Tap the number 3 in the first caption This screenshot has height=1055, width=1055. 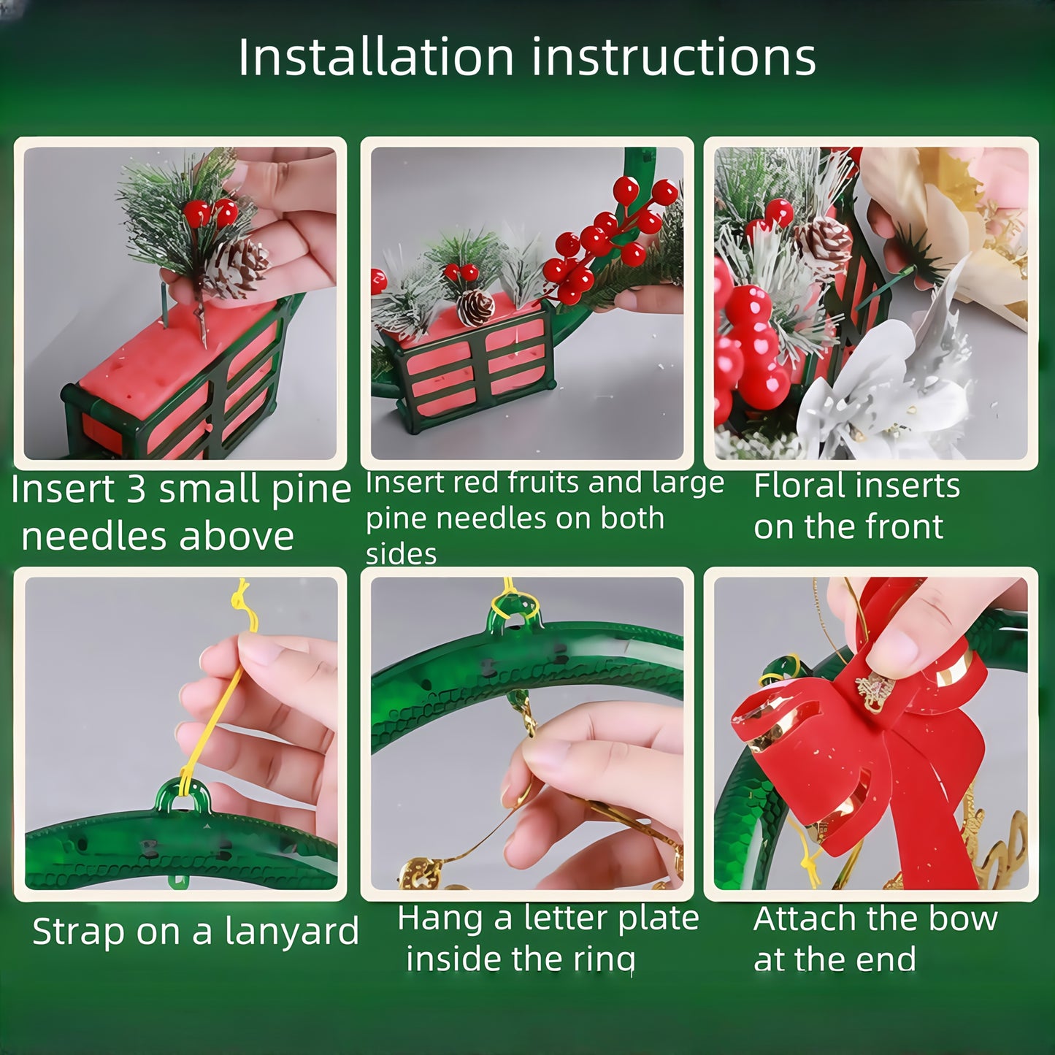[x=137, y=489]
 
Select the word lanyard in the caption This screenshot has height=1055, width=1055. [x=292, y=932]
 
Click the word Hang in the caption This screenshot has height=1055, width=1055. [x=438, y=918]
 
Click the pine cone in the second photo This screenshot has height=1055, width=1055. [x=476, y=307]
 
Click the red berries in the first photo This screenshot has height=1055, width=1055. [x=210, y=212]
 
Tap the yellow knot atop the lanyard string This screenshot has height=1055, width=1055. [x=242, y=599]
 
